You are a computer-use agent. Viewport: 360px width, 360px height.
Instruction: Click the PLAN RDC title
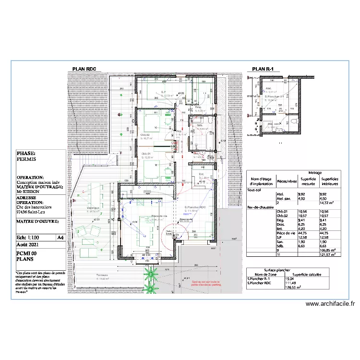[x=84, y=69]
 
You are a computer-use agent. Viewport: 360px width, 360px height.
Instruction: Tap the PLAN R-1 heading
[x=263, y=69]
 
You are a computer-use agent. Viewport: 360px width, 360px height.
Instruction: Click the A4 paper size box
[x=60, y=238]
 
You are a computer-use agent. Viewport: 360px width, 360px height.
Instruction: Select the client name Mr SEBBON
[x=28, y=191]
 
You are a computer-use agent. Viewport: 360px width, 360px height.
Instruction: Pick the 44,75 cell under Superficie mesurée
[x=304, y=232]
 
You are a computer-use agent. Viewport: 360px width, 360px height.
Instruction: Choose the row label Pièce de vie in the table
[x=259, y=232]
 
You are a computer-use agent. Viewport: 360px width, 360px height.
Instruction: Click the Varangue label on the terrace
[x=93, y=208]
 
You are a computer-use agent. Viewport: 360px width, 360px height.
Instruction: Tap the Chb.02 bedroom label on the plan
[x=145, y=135]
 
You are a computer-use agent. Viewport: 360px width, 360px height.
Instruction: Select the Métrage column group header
[x=315, y=173]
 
